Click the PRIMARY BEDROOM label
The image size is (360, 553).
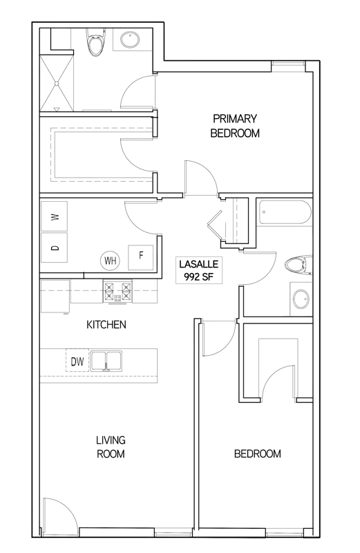point(235,126)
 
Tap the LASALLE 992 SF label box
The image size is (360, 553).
point(199,270)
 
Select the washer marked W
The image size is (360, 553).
point(55,216)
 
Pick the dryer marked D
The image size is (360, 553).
point(55,247)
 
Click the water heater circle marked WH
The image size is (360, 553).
point(111,261)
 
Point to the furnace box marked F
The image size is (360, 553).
point(141,257)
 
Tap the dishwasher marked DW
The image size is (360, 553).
point(77,361)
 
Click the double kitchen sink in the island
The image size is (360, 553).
point(106,361)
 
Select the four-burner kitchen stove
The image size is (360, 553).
point(117,291)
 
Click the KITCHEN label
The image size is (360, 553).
point(106,324)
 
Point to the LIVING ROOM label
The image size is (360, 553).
point(111,447)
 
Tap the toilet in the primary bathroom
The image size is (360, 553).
point(95,42)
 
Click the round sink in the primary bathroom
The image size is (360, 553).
point(130,40)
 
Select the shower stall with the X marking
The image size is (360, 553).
point(57,83)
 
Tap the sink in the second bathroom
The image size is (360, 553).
point(301,299)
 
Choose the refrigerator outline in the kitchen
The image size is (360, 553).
point(55,297)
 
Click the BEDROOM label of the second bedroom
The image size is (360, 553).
point(258,453)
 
